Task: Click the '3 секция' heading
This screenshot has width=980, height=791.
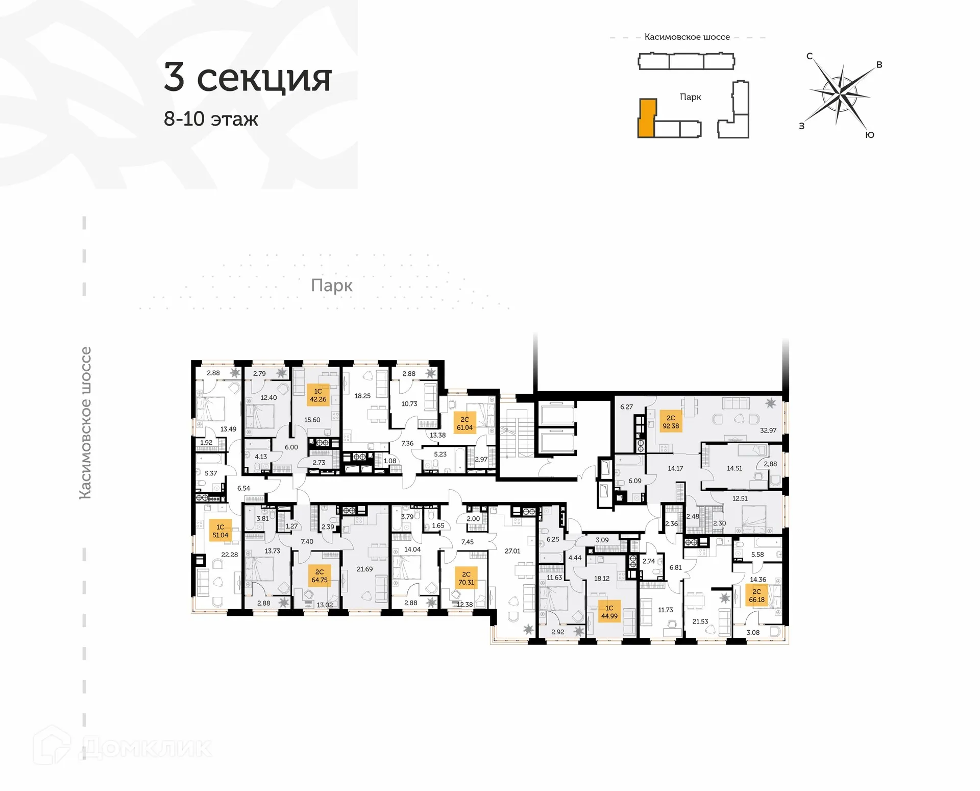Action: tap(248, 78)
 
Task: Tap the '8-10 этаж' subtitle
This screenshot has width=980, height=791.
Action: tap(211, 119)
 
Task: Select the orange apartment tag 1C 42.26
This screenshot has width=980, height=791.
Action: tap(318, 395)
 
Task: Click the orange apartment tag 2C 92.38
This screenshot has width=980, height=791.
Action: tap(671, 422)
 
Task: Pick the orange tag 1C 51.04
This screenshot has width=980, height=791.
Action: tap(220, 531)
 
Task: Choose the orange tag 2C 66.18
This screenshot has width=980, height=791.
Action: tap(756, 595)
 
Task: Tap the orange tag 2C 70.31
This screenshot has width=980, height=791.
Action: tap(466, 578)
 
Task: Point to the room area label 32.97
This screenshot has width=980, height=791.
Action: tap(768, 430)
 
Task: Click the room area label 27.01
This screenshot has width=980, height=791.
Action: tap(512, 551)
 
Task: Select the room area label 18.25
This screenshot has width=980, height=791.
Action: tap(362, 396)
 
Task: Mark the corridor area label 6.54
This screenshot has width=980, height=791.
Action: tap(243, 488)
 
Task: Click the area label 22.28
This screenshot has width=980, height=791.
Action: tap(229, 555)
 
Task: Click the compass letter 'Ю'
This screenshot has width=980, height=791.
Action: tap(870, 135)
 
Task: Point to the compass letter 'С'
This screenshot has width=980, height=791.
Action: tap(810, 56)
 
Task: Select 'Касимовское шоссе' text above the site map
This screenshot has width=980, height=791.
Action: tap(687, 37)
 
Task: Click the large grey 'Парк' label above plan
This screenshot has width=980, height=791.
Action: tap(331, 285)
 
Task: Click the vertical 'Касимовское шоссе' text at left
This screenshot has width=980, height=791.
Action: tap(85, 423)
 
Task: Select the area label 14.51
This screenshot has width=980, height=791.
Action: tap(734, 468)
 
